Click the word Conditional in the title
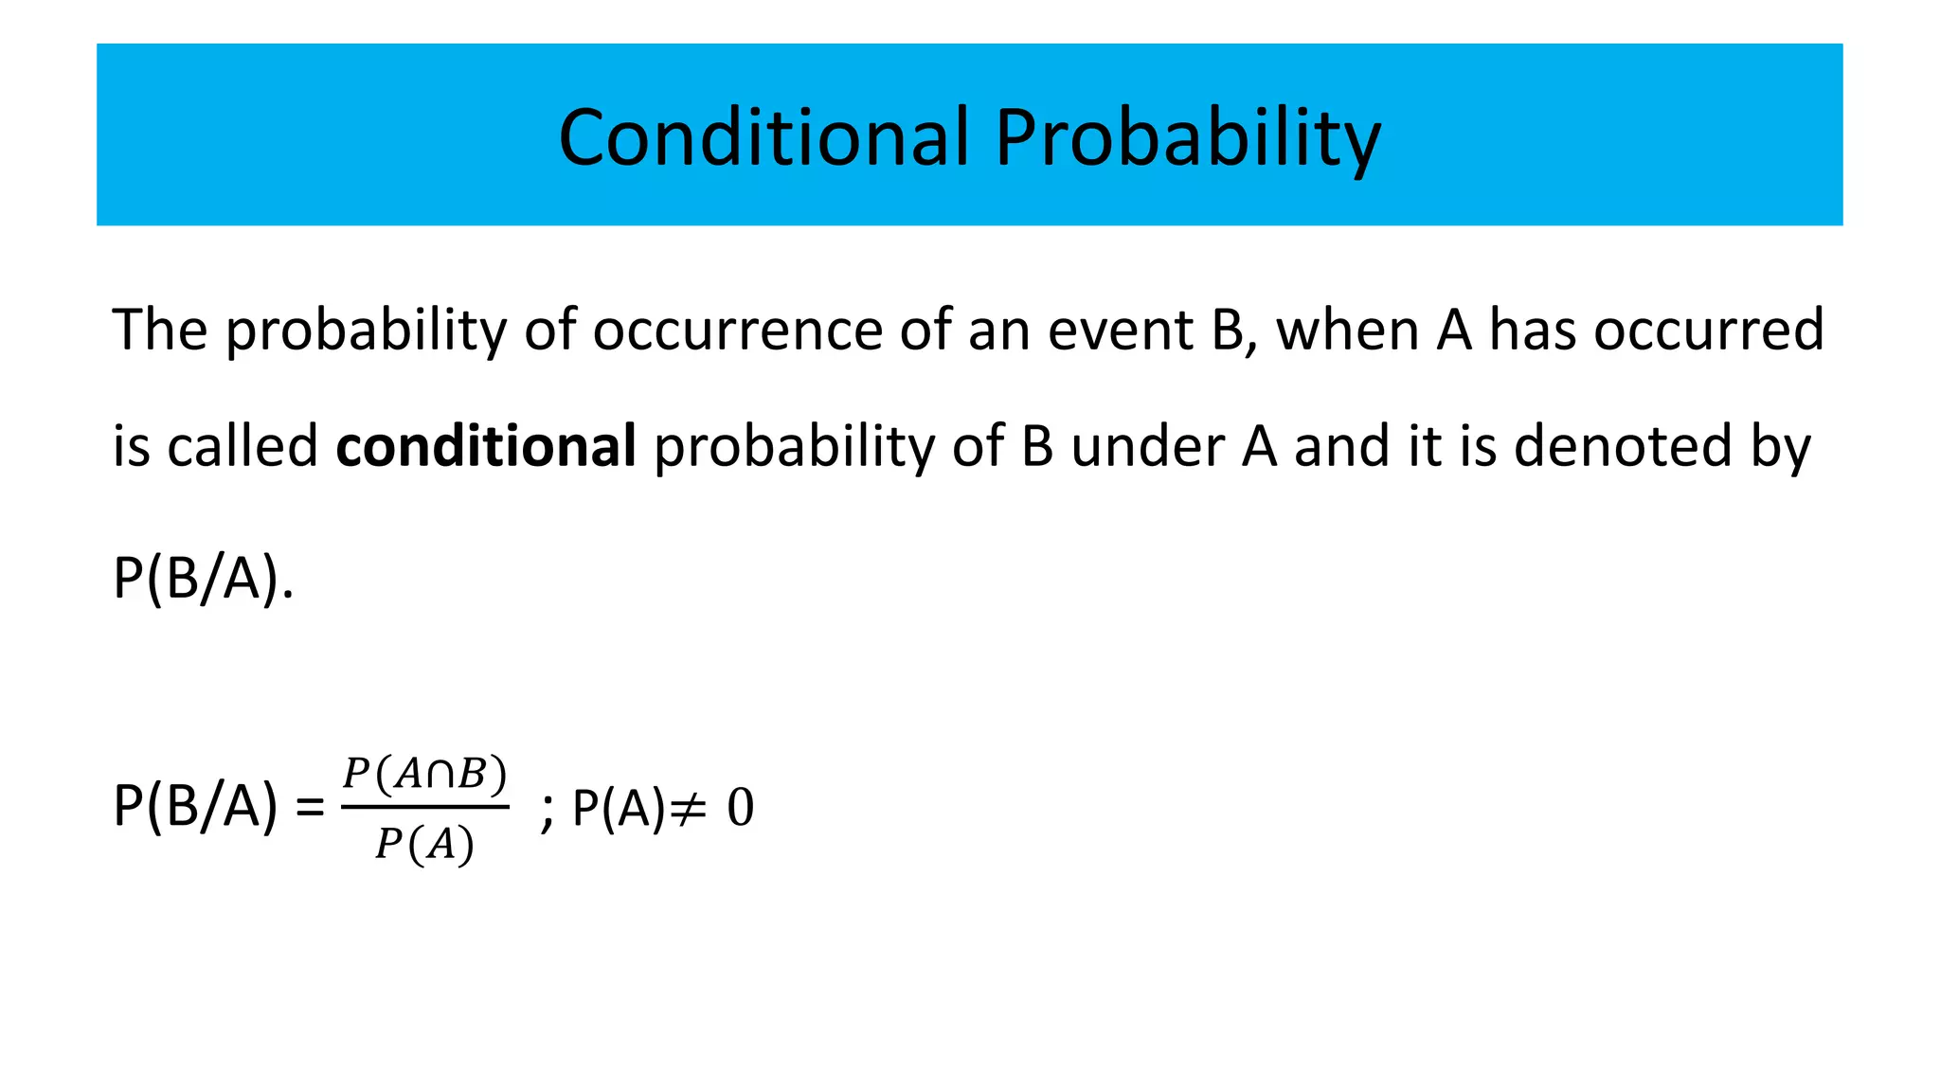tap(764, 137)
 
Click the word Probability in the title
tap(1188, 139)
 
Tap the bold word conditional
tap(486, 446)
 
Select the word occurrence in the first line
tap(738, 331)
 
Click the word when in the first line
tap(1346, 331)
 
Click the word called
tap(242, 446)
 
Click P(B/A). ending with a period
tap(203, 578)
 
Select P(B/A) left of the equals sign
tap(195, 808)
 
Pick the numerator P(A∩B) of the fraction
tap(425, 775)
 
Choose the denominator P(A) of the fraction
tap(424, 844)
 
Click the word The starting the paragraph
tap(159, 331)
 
